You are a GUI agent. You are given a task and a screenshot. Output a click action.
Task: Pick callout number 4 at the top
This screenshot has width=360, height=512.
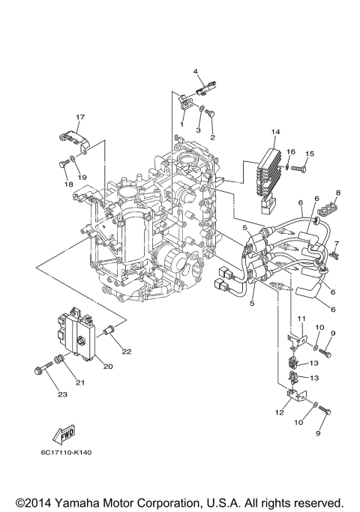(x=195, y=72)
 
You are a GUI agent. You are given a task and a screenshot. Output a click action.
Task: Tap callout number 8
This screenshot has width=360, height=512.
(x=337, y=193)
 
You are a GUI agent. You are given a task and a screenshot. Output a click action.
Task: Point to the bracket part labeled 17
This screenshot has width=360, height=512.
(x=70, y=139)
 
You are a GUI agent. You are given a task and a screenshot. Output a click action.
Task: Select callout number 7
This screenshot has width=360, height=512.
(x=337, y=244)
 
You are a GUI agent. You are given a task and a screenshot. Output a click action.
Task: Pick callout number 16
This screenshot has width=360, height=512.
(x=291, y=152)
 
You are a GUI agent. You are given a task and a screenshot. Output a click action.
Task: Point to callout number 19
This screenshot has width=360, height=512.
(x=83, y=177)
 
